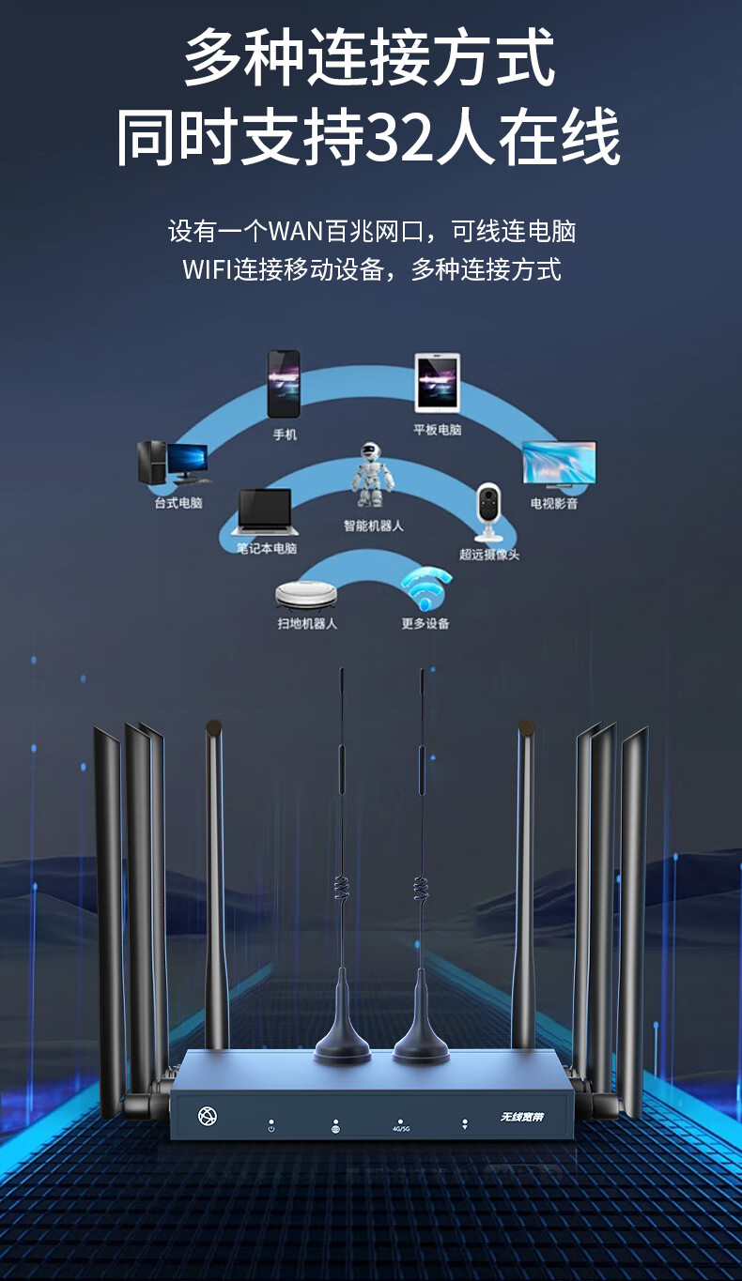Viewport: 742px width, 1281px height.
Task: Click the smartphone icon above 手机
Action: pos(284,384)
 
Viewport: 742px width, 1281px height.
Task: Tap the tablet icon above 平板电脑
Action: pos(438,383)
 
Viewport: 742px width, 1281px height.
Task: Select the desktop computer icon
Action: pos(173,464)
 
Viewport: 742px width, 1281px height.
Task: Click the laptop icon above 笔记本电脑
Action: pos(265,512)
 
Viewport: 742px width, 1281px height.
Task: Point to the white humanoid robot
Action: pos(373,478)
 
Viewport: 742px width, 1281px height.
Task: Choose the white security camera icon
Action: pos(487,512)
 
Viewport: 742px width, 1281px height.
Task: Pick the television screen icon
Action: pos(559,465)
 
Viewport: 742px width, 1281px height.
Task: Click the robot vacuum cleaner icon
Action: pos(306,593)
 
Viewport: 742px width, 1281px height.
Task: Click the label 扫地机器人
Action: pos(307,623)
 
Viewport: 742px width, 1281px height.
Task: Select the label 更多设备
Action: pos(425,623)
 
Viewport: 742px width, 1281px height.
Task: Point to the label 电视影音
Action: pos(554,504)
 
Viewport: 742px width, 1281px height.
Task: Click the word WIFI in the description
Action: pos(208,270)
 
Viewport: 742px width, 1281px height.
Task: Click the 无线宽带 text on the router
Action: pos(522,1117)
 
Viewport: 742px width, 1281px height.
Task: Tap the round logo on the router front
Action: pos(208,1116)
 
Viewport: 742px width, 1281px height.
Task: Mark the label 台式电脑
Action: pos(178,504)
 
